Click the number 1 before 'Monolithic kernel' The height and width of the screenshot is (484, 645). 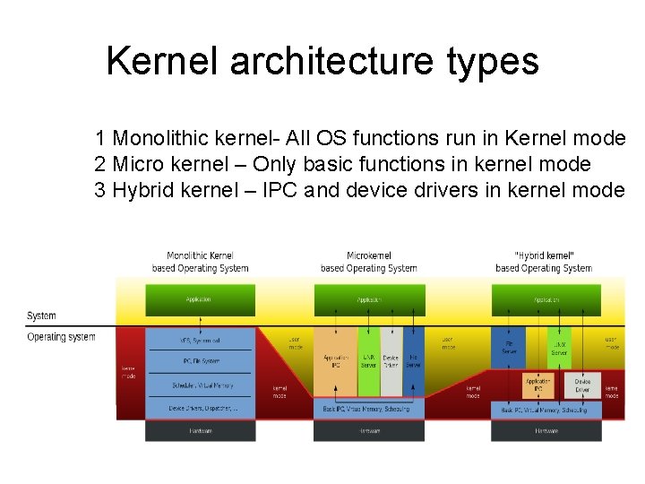101,139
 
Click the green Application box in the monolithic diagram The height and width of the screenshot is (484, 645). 199,299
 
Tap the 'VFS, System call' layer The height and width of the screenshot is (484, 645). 199,341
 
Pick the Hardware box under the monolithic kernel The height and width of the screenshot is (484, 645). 199,430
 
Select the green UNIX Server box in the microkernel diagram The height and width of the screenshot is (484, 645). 368,361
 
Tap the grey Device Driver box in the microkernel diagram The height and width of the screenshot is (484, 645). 391,361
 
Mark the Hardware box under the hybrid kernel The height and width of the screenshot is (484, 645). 546,430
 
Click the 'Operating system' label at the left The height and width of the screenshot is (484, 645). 61,337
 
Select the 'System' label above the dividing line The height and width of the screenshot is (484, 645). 41,315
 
